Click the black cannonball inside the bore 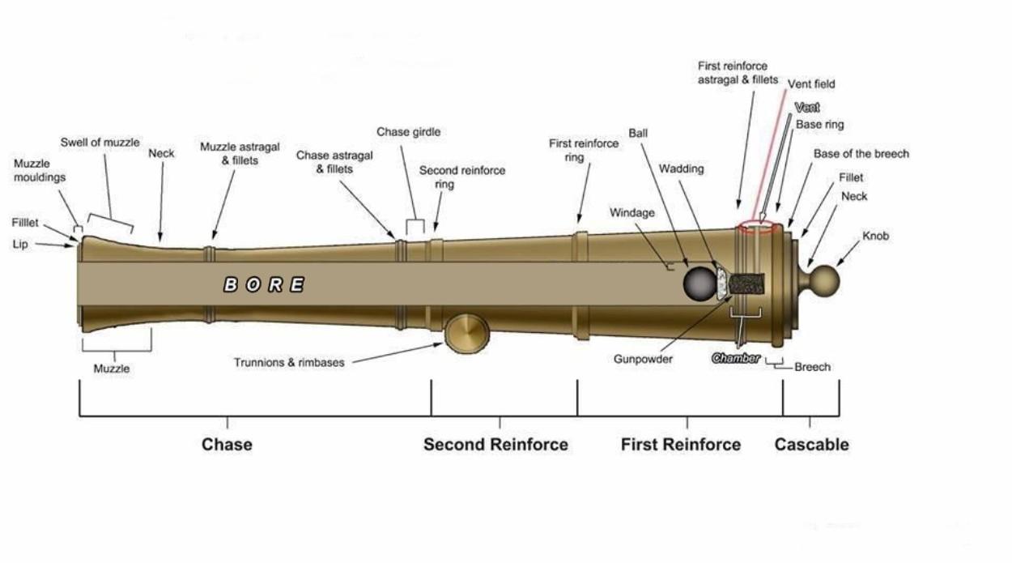click(699, 284)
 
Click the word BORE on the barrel click(264, 284)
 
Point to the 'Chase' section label click(227, 444)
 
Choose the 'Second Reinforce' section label click(495, 444)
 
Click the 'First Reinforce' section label click(680, 444)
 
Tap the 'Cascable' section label click(811, 444)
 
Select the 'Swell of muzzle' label click(100, 143)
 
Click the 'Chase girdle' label click(408, 132)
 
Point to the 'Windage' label click(631, 213)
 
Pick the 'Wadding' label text click(681, 169)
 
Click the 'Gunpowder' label click(643, 359)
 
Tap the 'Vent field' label click(811, 83)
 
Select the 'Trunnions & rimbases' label click(289, 362)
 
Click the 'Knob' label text click(875, 237)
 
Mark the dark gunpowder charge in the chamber click(746, 284)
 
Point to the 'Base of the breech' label click(861, 154)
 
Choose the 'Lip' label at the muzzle click(19, 243)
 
